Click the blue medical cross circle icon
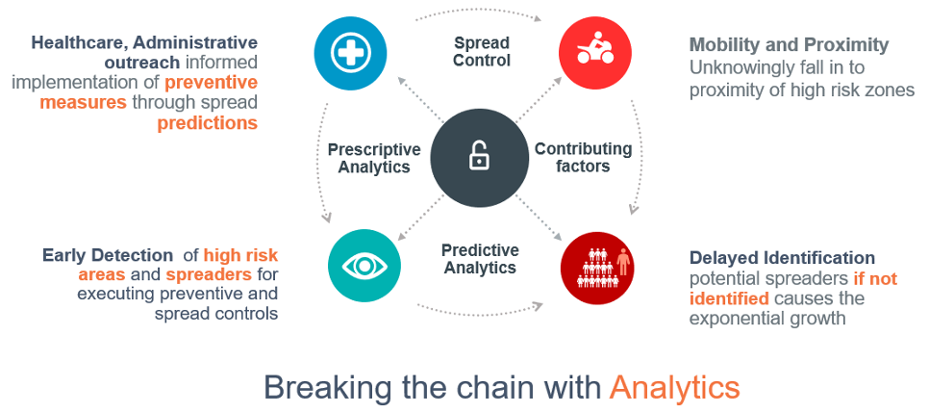pyautogui.click(x=350, y=52)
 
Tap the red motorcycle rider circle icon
pyautogui.click(x=595, y=52)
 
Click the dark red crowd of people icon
pyautogui.click(x=597, y=268)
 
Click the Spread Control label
pyautogui.click(x=481, y=51)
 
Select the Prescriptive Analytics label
pyautogui.click(x=373, y=158)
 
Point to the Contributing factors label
pyautogui.click(x=583, y=157)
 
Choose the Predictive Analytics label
pyautogui.click(x=480, y=258)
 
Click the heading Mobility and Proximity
pyautogui.click(x=789, y=45)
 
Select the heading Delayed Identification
pyautogui.click(x=782, y=257)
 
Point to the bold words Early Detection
pyautogui.click(x=106, y=255)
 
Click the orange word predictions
pyautogui.click(x=208, y=123)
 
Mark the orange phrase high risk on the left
pyautogui.click(x=240, y=255)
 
